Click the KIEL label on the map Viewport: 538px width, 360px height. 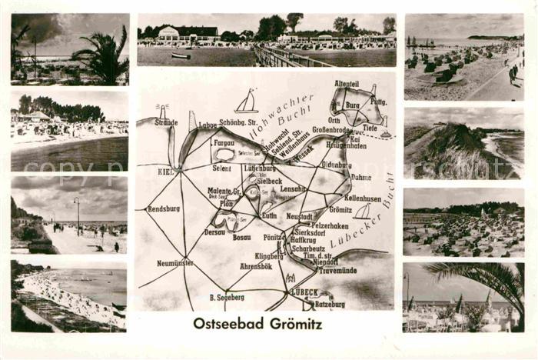pos(165,172)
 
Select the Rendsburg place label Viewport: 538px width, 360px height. pos(163,208)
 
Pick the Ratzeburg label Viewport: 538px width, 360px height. pos(329,305)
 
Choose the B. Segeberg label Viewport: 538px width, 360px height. pos(227,297)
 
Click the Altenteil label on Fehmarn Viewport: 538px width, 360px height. pos(347,83)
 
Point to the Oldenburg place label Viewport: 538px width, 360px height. pos(337,164)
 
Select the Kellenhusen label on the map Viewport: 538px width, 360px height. pos(363,198)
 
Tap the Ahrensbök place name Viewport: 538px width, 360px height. pos(256,266)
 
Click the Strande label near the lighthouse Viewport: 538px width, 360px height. pos(165,122)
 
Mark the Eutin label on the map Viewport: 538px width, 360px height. pos(269,216)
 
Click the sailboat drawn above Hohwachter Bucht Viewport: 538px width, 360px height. pos(246,102)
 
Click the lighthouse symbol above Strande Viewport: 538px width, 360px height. pos(162,111)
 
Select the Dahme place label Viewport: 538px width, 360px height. pos(360,177)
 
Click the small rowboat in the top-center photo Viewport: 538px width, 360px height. pos(181,55)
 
